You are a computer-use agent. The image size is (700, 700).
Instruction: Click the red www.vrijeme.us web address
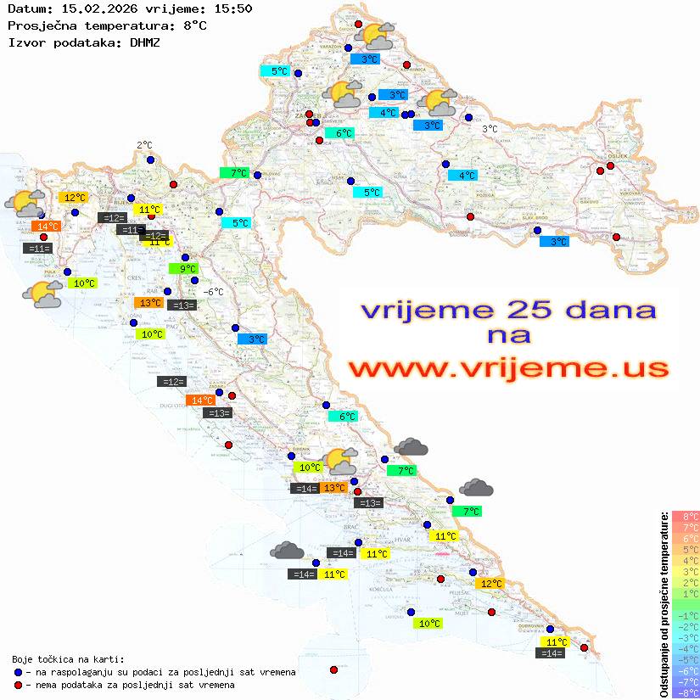click(507, 368)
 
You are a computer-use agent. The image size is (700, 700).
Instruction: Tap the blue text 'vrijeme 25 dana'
click(507, 309)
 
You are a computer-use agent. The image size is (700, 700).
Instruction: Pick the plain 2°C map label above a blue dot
click(144, 146)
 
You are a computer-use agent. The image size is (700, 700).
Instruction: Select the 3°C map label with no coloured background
click(490, 129)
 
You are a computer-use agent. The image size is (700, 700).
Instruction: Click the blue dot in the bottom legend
click(18, 672)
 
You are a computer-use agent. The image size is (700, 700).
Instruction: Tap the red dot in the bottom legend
click(18, 685)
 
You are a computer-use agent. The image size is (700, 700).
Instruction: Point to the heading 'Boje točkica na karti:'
click(68, 659)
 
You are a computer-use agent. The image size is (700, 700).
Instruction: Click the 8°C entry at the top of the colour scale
click(686, 516)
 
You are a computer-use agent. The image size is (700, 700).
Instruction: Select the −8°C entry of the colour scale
click(686, 692)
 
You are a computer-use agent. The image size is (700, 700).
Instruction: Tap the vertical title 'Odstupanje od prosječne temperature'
click(663, 604)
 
